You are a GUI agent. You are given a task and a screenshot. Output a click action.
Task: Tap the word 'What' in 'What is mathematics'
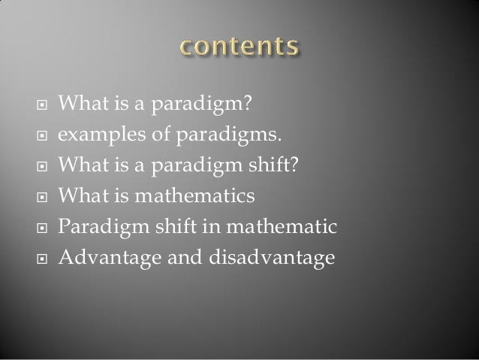point(80,196)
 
